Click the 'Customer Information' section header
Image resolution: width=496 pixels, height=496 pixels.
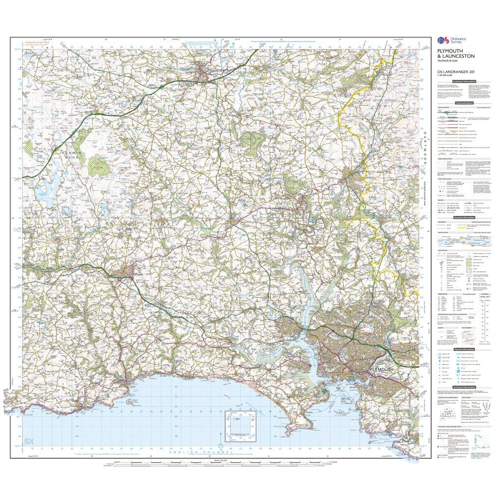pyautogui.click(x=464, y=81)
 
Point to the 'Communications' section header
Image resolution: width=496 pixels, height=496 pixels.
pyautogui.click(x=464, y=103)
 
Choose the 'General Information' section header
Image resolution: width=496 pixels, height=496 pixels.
pyautogui.click(x=464, y=217)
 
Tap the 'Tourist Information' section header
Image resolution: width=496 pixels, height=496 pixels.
pyautogui.click(x=464, y=348)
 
